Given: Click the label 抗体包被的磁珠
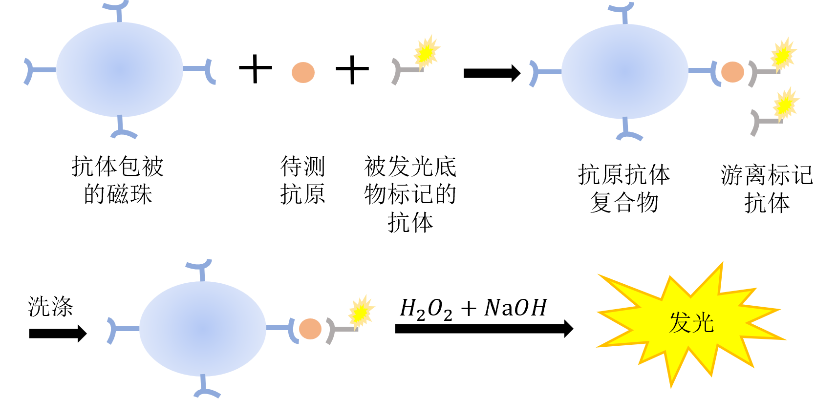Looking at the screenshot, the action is [x=118, y=180].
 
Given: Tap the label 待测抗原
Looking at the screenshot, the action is [x=302, y=180].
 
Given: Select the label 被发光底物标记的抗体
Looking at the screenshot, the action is [x=410, y=194].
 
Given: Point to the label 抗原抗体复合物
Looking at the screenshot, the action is [x=624, y=189].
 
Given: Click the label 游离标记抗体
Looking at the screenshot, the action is [x=767, y=189].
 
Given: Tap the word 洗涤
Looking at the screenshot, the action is [x=50, y=307].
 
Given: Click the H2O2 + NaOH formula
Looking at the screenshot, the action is [x=473, y=309].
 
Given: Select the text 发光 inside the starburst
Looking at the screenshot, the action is [x=692, y=322].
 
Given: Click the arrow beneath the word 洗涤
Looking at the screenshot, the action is [x=58, y=333].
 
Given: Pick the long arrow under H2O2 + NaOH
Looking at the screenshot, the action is [x=484, y=328].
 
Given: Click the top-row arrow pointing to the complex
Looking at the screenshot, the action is [x=492, y=73].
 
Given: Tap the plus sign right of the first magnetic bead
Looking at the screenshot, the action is [x=256, y=68].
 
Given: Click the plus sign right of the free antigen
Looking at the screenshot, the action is [x=352, y=69].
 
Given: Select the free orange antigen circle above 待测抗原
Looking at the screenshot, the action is [x=303, y=72].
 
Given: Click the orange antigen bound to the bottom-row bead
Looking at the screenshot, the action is [x=310, y=329].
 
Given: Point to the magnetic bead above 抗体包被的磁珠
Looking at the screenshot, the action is [x=120, y=69].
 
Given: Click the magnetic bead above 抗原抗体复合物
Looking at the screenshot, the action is [x=625, y=71].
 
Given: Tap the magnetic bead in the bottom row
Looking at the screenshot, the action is [x=202, y=329].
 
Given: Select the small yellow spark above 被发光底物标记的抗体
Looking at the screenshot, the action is [x=427, y=52].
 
